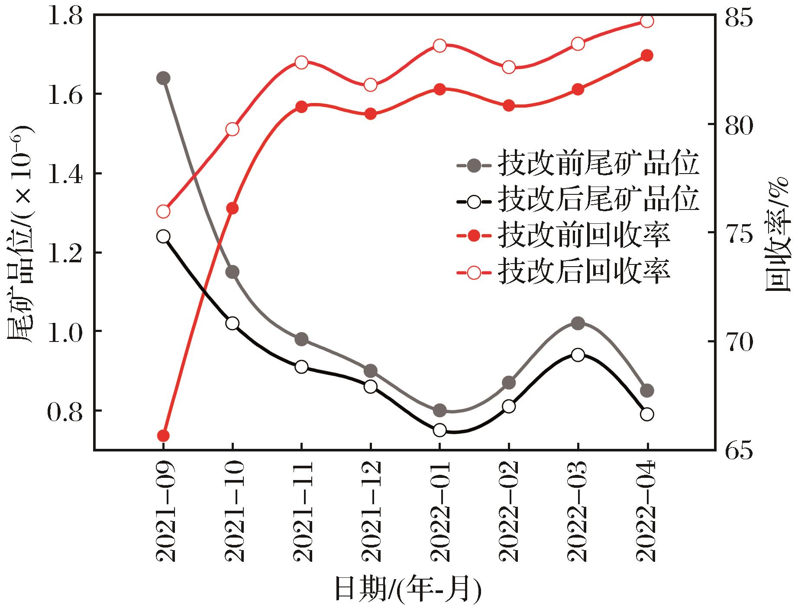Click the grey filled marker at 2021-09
tap(163, 78)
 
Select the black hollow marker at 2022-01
tap(439, 430)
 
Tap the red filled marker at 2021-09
tap(163, 435)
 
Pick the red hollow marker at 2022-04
tap(647, 21)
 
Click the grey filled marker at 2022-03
tap(578, 323)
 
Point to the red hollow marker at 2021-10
tap(233, 129)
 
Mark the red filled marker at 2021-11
tap(302, 107)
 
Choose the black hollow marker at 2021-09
tap(163, 236)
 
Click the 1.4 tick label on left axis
tap(65, 174)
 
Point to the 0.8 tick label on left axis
tap(65, 411)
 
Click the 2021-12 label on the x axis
tap(371, 512)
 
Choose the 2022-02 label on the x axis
tap(509, 512)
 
